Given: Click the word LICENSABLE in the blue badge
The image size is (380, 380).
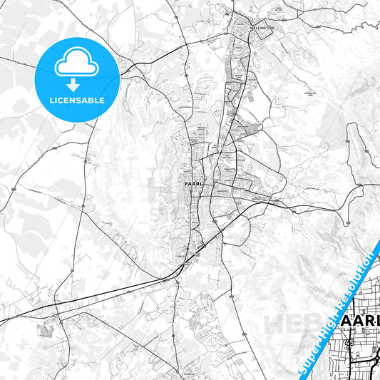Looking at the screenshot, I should [78, 101].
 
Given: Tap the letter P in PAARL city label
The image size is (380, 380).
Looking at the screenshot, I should [176, 183].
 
